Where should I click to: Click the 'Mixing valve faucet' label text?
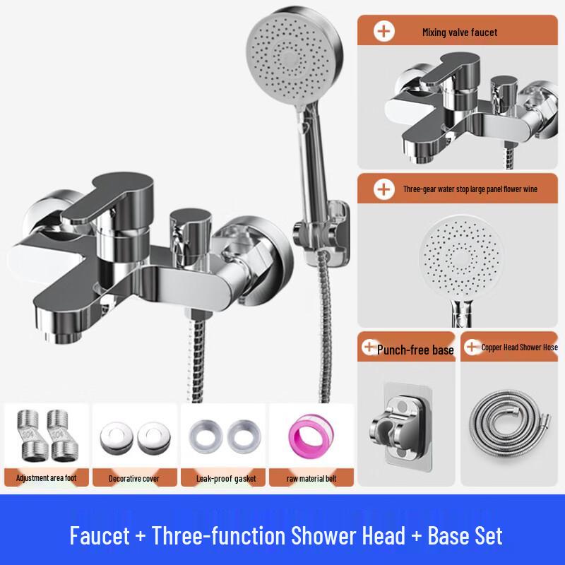click(x=459, y=32)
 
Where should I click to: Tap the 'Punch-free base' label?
click(x=415, y=350)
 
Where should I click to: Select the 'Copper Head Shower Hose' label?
click(x=520, y=347)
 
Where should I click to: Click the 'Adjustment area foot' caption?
click(x=47, y=478)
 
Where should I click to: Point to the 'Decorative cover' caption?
click(x=134, y=479)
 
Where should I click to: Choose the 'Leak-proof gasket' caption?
click(x=222, y=479)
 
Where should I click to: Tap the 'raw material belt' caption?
click(x=311, y=479)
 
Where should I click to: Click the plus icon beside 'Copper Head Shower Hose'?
click(x=471, y=347)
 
